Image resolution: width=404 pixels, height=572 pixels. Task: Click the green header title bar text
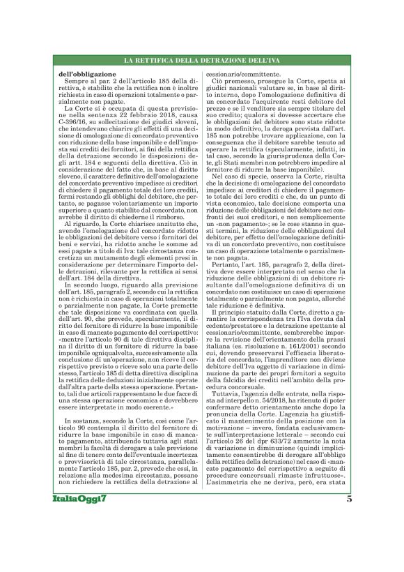[x=201, y=62]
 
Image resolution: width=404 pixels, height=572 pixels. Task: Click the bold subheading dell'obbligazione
[x=87, y=73]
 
